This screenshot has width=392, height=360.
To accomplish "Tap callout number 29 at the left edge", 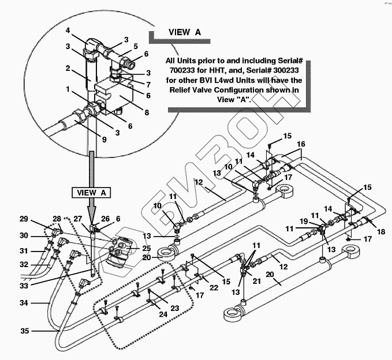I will click(x=24, y=220).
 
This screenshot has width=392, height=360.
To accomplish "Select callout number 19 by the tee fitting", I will click(x=304, y=221).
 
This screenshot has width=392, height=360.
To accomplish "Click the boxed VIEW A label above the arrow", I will click(x=88, y=192).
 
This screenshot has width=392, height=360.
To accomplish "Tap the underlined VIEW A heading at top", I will click(x=185, y=32).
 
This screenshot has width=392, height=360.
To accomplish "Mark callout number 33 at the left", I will click(x=23, y=284).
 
